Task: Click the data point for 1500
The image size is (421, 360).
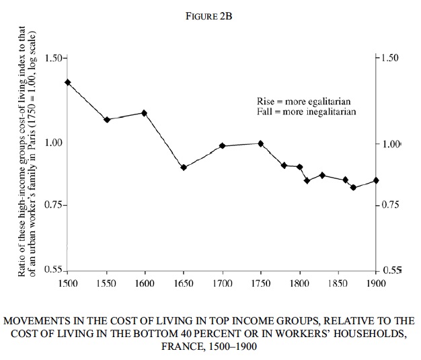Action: [67, 82]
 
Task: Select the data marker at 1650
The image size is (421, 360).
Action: [183, 167]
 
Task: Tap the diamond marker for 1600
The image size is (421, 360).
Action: [144, 113]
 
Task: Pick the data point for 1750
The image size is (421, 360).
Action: [260, 143]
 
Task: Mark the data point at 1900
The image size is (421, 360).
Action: [376, 180]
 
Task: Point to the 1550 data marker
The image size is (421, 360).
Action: [106, 120]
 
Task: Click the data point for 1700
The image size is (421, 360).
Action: [222, 146]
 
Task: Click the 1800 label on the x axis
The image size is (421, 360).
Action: [299, 284]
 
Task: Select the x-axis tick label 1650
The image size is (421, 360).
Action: [183, 284]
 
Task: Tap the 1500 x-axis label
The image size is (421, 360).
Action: [68, 284]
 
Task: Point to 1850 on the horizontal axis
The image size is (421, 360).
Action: [338, 284]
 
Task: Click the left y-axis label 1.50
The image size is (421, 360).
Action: [53, 58]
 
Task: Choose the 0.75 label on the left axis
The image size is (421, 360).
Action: [53, 205]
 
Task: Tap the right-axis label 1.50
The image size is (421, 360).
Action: [389, 58]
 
